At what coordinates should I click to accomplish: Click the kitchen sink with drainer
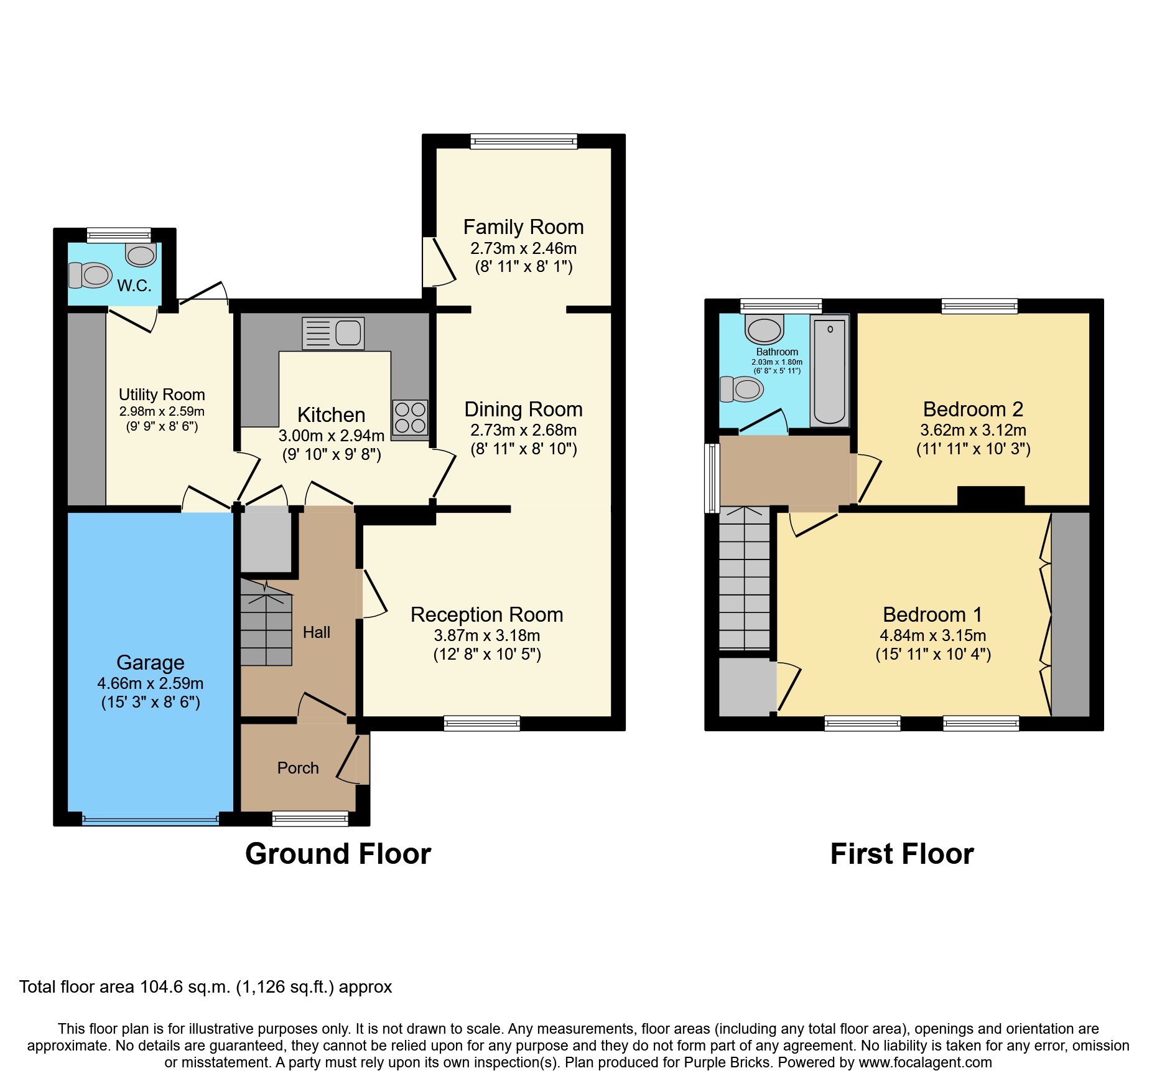pyautogui.click(x=333, y=333)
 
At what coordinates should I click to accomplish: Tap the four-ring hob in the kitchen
pyautogui.click(x=410, y=418)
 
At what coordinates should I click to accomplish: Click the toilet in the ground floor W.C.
pyautogui.click(x=91, y=275)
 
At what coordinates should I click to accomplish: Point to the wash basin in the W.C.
pyautogui.click(x=141, y=254)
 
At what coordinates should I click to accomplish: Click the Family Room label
pyautogui.click(x=523, y=227)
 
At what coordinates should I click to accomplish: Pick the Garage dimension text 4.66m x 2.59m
pyautogui.click(x=150, y=683)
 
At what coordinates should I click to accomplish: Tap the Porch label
pyautogui.click(x=298, y=768)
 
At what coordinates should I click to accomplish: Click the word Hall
pyautogui.click(x=316, y=632)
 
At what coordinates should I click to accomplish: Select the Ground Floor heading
pyautogui.click(x=338, y=854)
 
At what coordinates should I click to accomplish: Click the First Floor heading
pyautogui.click(x=901, y=854)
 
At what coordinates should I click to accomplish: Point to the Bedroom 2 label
pyautogui.click(x=973, y=410)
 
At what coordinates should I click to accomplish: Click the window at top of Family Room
pyautogui.click(x=524, y=141)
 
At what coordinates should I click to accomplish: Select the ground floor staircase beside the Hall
pyautogui.click(x=266, y=625)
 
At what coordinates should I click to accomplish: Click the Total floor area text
pyautogui.click(x=205, y=987)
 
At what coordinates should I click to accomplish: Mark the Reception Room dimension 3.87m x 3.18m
pyautogui.click(x=486, y=635)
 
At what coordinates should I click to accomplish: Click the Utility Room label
pyautogui.click(x=162, y=395)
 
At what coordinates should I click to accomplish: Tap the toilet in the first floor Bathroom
pyautogui.click(x=741, y=390)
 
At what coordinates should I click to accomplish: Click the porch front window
pyautogui.click(x=310, y=818)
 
